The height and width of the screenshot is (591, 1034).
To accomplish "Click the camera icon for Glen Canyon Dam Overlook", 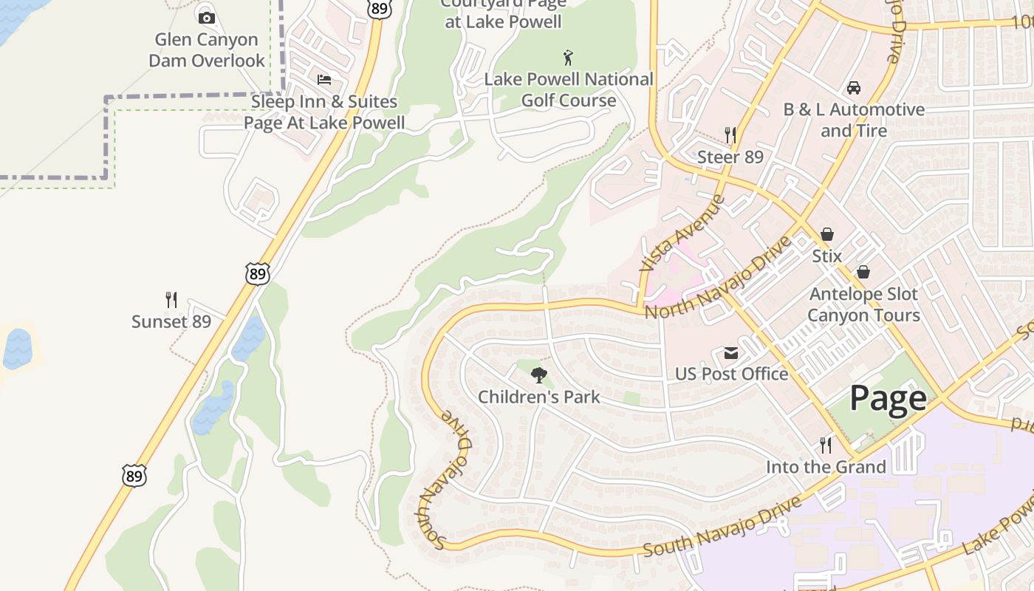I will [207, 18].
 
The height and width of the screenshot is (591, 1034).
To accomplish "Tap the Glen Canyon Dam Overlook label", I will [207, 50].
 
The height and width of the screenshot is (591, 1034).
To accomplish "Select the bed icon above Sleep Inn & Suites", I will [323, 80].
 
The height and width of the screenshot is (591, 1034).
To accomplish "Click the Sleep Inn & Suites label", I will [324, 112].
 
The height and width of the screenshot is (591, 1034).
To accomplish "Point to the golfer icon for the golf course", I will [567, 58].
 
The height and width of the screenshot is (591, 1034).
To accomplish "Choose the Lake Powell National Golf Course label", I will [569, 89].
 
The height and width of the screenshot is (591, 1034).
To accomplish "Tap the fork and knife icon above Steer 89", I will [730, 135].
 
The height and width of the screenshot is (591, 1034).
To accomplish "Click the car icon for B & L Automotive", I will [854, 88].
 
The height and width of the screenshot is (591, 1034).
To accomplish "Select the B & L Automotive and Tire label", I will [854, 120].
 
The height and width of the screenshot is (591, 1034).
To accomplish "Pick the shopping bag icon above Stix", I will [827, 235].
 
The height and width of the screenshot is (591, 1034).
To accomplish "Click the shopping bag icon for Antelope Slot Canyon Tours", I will [863, 273].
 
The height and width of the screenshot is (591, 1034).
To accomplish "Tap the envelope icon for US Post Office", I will [731, 353].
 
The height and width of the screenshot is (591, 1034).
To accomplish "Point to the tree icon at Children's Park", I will [539, 375].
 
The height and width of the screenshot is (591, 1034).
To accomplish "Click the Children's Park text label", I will [539, 397].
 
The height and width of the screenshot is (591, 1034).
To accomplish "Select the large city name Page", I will [888, 398].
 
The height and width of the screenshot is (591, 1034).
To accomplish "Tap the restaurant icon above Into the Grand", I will [826, 445].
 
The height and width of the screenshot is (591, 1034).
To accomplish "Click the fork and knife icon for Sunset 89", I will [171, 300].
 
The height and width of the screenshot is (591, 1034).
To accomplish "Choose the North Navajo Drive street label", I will [719, 278].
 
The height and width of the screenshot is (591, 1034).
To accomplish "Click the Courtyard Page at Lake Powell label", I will [504, 13].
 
